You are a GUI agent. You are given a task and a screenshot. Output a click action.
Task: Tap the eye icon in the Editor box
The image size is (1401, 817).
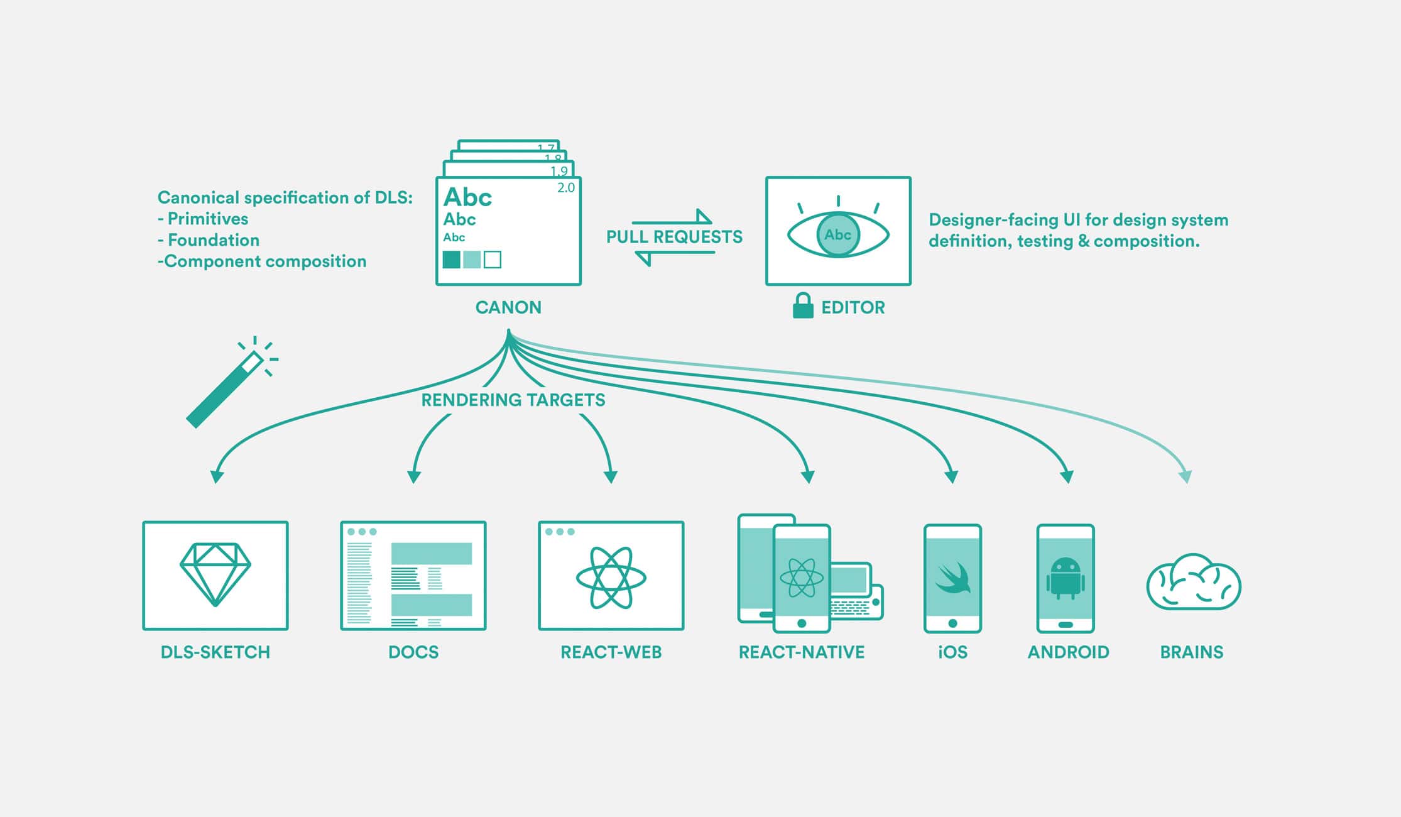click(x=838, y=234)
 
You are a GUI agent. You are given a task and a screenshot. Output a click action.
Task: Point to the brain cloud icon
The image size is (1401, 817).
click(x=1194, y=583)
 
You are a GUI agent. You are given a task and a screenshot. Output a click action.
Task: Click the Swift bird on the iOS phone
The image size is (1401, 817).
click(x=953, y=578)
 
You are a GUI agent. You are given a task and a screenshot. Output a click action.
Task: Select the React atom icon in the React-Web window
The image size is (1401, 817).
click(x=611, y=577)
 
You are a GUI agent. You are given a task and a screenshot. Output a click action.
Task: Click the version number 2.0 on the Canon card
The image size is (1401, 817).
click(x=566, y=188)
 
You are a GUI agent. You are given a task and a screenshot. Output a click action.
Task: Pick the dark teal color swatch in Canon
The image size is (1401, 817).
click(x=451, y=260)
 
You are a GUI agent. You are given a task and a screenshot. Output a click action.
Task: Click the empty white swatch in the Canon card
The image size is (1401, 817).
click(x=493, y=260)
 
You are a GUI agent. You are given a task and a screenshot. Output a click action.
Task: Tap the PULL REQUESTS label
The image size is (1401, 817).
click(x=674, y=237)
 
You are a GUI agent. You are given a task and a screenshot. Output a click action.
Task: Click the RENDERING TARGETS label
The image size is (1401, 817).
click(x=513, y=400)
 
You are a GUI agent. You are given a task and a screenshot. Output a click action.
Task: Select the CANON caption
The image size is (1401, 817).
click(x=508, y=307)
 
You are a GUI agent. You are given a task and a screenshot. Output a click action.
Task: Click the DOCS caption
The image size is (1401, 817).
click(x=413, y=652)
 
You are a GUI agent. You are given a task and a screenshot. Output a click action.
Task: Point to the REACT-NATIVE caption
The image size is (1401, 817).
click(x=802, y=652)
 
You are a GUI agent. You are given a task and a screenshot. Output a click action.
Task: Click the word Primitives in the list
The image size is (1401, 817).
click(x=207, y=219)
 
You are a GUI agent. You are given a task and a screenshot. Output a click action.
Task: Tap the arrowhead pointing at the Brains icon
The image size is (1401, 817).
click(x=1186, y=476)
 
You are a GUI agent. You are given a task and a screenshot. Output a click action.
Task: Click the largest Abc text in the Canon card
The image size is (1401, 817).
click(x=467, y=197)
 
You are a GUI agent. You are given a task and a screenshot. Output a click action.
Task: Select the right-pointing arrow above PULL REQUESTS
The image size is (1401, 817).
click(x=672, y=218)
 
